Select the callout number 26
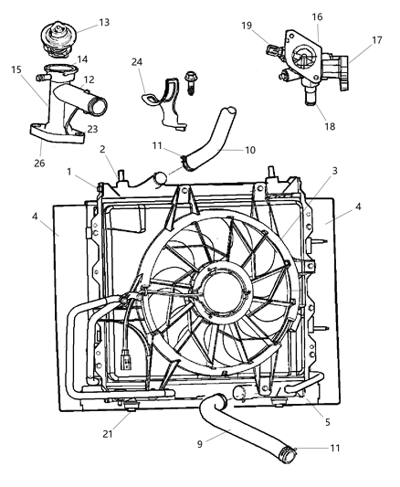tap(37, 164)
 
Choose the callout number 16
tap(318, 16)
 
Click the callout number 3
tap(311, 170)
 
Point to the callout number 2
tap(104, 149)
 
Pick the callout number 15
tap(16, 69)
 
